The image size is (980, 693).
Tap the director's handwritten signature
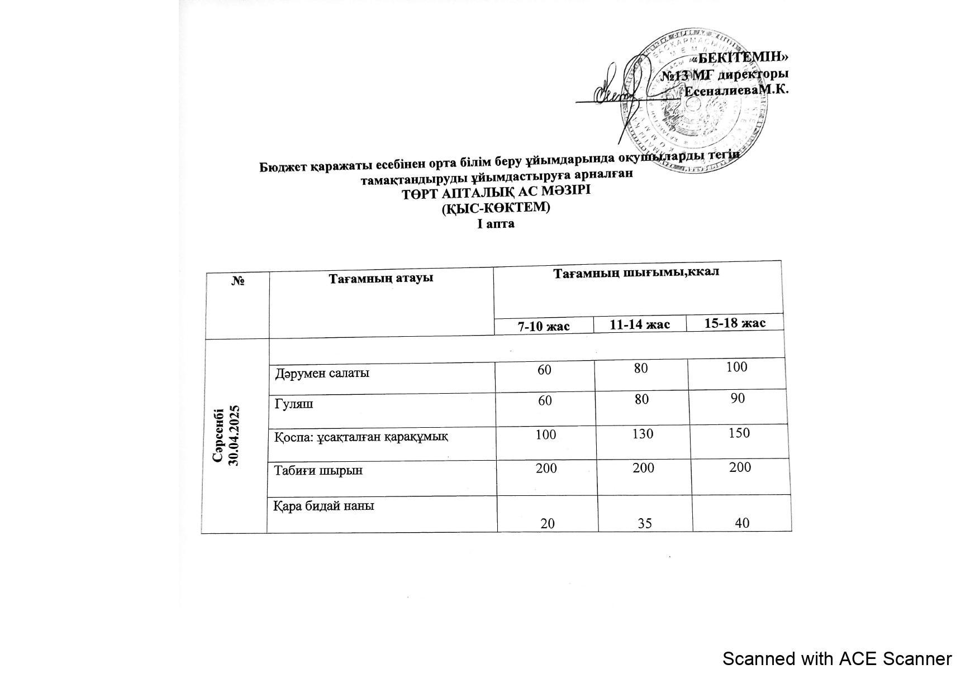tap(612, 92)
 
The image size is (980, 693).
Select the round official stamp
tap(693, 101)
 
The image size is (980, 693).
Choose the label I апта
tap(496, 224)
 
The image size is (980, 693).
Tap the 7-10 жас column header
tap(544, 326)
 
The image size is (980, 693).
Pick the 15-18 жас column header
tap(735, 323)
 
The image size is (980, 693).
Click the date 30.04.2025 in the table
tap(235, 436)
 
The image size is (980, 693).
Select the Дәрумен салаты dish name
tap(322, 373)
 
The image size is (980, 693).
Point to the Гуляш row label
tap(294, 403)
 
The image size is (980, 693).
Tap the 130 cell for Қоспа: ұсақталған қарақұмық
tap(643, 433)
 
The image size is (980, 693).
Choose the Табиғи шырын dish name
tap(318, 470)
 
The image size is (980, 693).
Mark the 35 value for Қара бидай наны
tap(645, 524)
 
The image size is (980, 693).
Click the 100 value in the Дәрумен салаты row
tap(737, 367)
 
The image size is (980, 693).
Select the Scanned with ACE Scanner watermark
tap(836, 659)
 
